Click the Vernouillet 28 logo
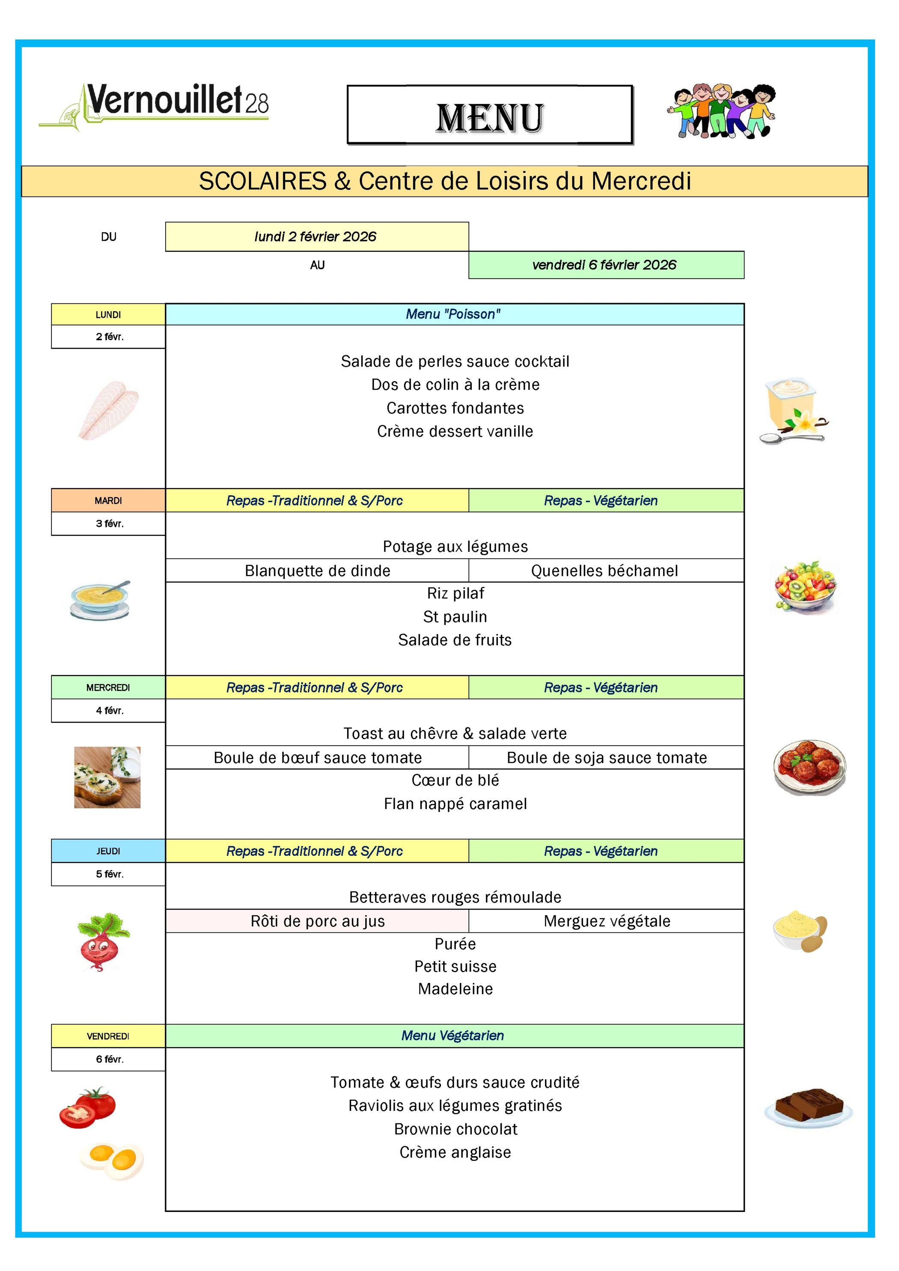point(154,105)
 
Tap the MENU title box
point(489,115)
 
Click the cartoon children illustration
point(721,111)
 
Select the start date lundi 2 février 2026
point(317,237)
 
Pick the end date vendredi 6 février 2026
point(606,265)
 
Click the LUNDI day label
point(108,314)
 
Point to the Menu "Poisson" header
point(454,314)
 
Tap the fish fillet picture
point(108,410)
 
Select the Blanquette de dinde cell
point(317,571)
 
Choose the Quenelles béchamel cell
point(606,571)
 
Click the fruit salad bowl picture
point(805,587)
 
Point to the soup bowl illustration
point(100,601)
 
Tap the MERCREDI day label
point(108,688)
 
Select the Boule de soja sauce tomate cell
point(606,758)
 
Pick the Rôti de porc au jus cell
point(317,921)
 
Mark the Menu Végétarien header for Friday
point(454,1036)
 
